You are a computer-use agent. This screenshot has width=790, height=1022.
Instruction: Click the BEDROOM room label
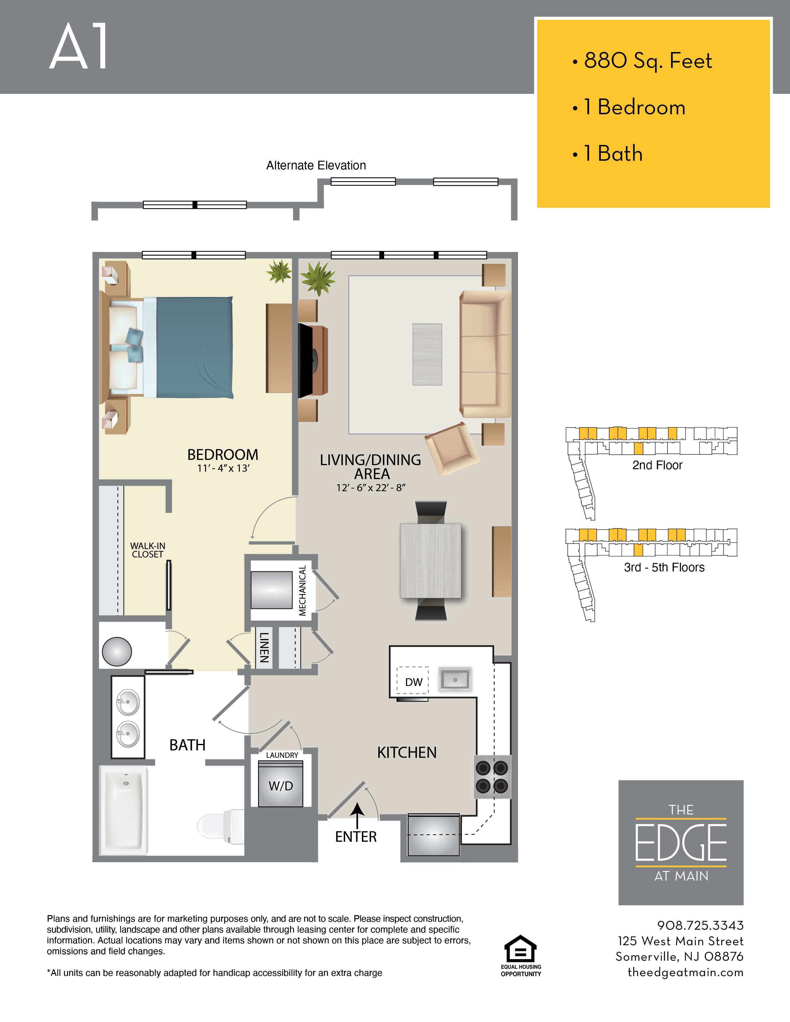tap(223, 454)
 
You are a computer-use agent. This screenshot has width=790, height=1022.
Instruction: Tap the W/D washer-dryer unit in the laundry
tap(281, 783)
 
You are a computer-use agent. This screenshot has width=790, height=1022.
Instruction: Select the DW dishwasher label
tap(414, 682)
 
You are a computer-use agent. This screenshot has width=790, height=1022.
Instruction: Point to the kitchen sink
tap(455, 679)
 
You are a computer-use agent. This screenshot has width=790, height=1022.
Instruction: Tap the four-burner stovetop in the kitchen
tap(492, 777)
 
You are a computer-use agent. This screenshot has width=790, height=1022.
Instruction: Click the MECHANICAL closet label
tap(302, 591)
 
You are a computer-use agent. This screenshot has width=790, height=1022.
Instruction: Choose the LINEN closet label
tap(265, 648)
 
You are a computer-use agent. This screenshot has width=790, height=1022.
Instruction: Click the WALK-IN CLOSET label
tap(147, 550)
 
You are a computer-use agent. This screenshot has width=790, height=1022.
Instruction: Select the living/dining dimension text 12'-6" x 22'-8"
tap(371, 487)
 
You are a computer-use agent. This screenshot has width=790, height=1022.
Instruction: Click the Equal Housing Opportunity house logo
tap(520, 949)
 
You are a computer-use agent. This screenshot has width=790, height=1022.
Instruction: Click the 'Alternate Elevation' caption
tap(316, 165)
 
